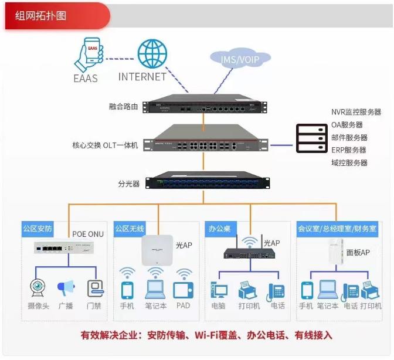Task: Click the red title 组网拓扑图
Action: point(41,15)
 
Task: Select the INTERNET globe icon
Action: point(152,53)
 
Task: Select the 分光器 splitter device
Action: point(208,181)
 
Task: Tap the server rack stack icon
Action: point(312,139)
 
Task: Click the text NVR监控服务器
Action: point(356,112)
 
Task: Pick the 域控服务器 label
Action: point(349,163)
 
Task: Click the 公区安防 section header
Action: point(38,229)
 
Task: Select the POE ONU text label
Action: point(88,235)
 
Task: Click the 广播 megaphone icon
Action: point(66,288)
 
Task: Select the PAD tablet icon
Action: point(183,290)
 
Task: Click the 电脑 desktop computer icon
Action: point(219,290)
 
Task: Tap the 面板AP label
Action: point(357,253)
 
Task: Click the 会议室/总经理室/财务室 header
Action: point(337,229)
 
